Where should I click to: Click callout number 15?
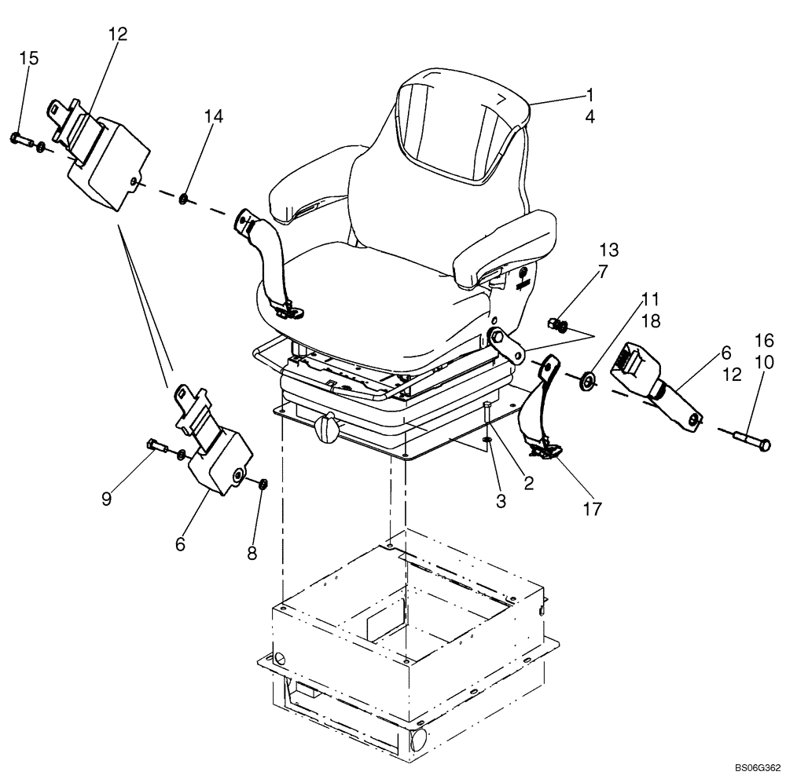pyautogui.click(x=28, y=58)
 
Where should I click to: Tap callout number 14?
pyautogui.click(x=214, y=116)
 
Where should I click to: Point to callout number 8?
pyautogui.click(x=252, y=553)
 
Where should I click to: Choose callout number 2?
pyautogui.click(x=529, y=484)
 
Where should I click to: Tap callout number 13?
pyautogui.click(x=608, y=251)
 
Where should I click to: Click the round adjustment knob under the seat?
pyautogui.click(x=326, y=428)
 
